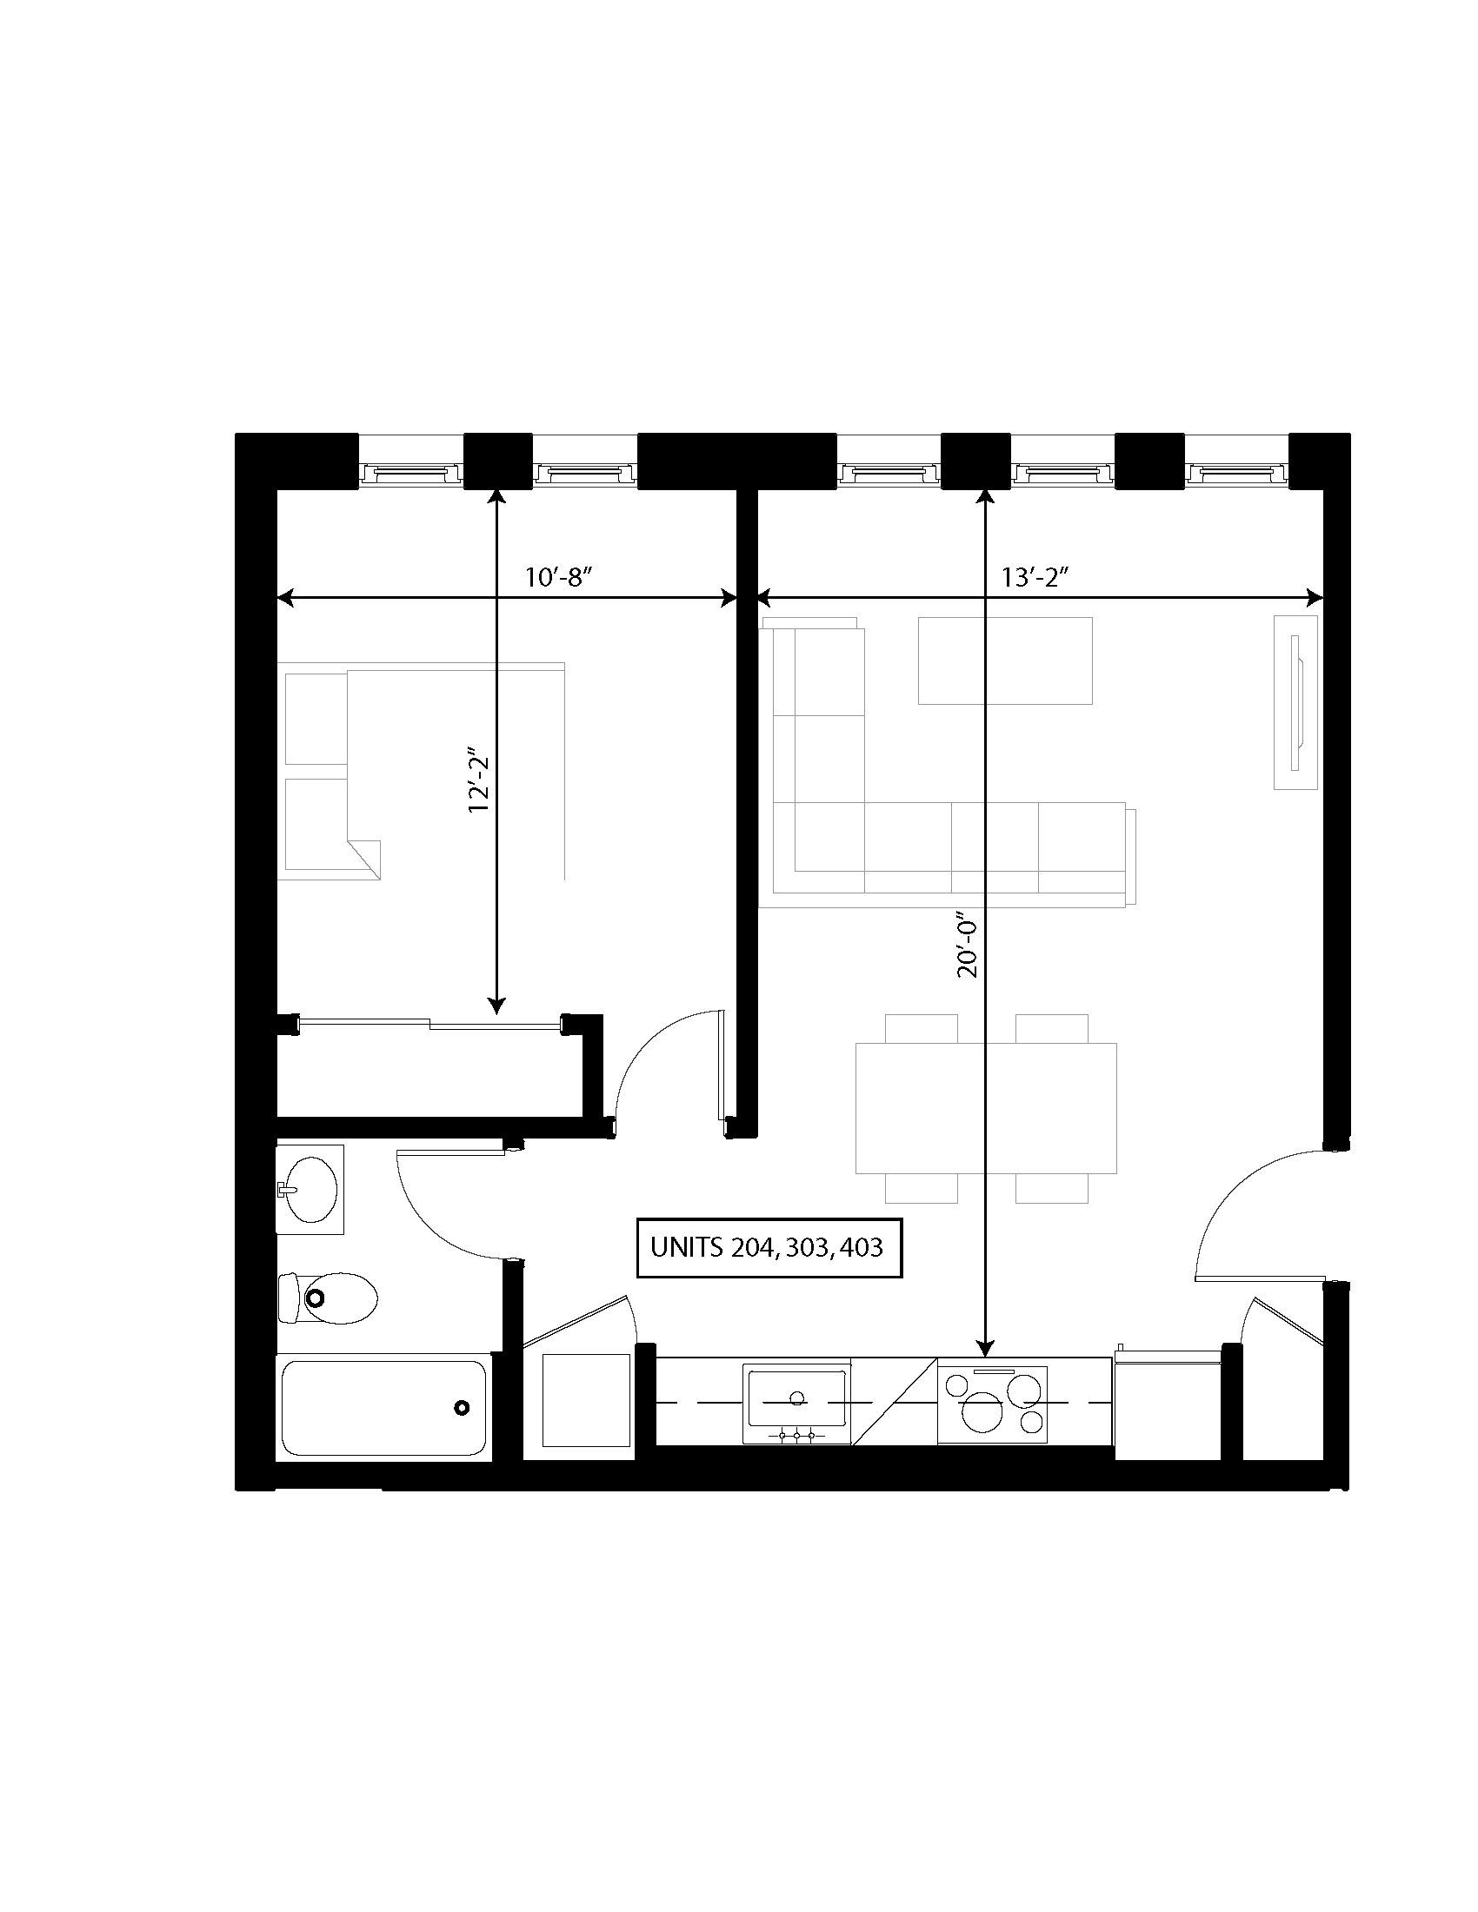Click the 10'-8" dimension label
(560, 578)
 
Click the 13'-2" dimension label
(1036, 578)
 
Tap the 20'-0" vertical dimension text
(968, 946)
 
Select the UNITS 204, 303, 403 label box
(767, 1247)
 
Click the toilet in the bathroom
(329, 1298)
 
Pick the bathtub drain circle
(462, 1408)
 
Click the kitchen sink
(796, 1404)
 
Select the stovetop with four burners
(993, 1404)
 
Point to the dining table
(986, 1107)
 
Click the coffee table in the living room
(1004, 661)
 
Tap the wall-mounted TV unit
(1295, 702)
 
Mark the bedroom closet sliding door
(429, 1023)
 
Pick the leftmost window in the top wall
(410, 474)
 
